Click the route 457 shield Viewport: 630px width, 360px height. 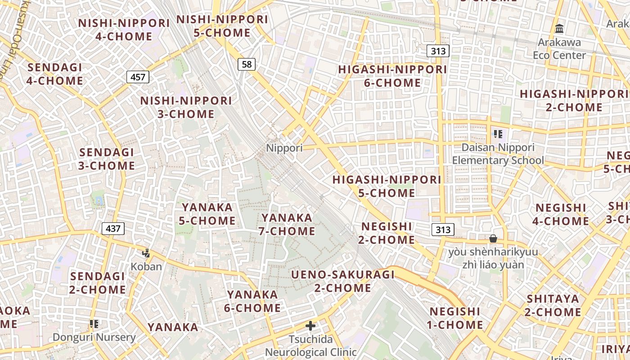pos(138,77)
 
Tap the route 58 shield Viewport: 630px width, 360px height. pos(247,64)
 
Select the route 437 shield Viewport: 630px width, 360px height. pos(113,229)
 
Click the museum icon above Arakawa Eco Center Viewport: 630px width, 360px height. pos(559,29)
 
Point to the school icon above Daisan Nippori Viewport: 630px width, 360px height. pos(498,134)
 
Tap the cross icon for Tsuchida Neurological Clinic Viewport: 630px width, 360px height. pos(310,326)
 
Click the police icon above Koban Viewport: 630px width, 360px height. pos(146,253)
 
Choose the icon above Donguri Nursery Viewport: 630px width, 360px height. pos(94,324)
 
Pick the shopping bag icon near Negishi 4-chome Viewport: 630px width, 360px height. pos(493,238)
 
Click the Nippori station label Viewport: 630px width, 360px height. pos(284,148)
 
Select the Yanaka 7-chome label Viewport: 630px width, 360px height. pos(287,224)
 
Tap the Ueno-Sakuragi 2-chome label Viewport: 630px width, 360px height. pos(343,281)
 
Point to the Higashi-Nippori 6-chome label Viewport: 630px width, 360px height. pos(393,76)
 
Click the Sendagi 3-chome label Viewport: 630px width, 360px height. pos(107,159)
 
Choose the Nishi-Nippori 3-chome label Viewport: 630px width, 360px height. pos(186,107)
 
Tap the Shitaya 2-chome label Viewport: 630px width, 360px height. pos(553,305)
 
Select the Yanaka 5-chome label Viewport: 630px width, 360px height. pos(208,214)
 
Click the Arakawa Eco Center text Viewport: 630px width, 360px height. pos(559,49)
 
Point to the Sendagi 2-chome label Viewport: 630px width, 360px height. pos(98,282)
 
